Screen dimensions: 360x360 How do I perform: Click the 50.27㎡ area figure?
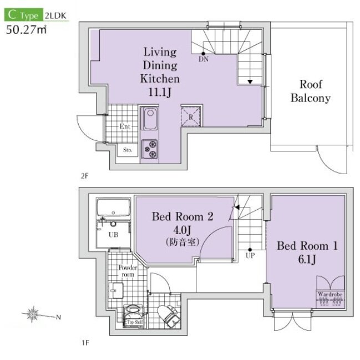click(x=26, y=29)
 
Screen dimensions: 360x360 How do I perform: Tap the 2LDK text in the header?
click(x=55, y=16)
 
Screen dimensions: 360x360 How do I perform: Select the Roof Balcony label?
click(x=311, y=91)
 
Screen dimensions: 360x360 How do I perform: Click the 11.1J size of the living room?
click(x=160, y=92)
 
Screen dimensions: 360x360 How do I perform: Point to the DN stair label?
click(x=204, y=59)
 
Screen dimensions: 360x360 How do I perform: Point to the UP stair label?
click(x=250, y=255)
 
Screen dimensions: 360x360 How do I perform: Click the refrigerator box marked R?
click(x=191, y=116)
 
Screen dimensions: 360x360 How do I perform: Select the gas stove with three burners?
click(x=149, y=149)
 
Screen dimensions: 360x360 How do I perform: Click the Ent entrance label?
click(x=125, y=126)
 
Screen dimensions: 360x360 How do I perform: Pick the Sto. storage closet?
click(x=128, y=150)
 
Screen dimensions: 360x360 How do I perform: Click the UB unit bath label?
click(x=113, y=235)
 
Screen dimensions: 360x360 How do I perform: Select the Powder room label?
click(x=128, y=271)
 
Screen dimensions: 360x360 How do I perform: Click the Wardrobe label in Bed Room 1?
click(x=330, y=294)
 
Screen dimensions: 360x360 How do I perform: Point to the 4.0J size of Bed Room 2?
click(x=182, y=230)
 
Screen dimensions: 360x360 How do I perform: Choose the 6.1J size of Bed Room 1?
click(x=307, y=259)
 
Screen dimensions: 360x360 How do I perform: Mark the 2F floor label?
click(x=84, y=176)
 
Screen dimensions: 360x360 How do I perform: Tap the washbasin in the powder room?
click(x=116, y=291)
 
